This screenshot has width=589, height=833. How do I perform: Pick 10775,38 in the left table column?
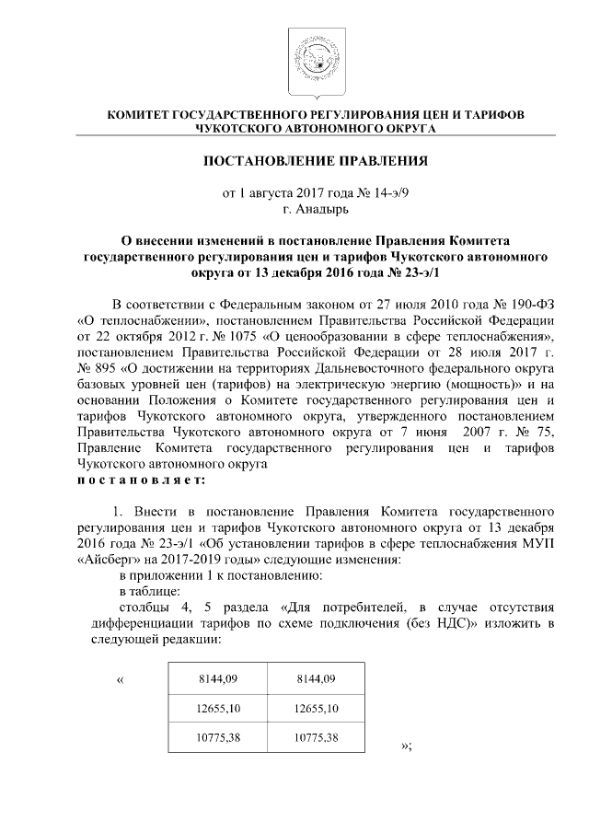point(218,737)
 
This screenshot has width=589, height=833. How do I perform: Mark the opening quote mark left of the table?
point(121,680)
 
